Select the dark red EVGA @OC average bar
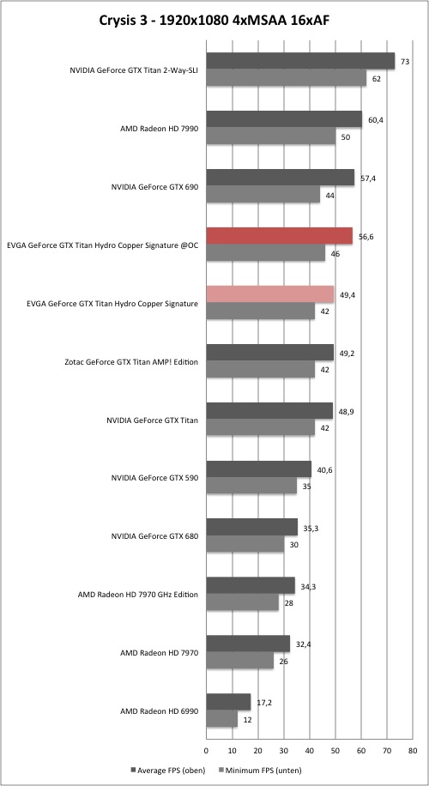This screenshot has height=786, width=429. click(x=279, y=236)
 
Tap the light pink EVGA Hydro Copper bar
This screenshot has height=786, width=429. click(x=270, y=294)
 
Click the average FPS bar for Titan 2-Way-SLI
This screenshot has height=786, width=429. click(x=300, y=61)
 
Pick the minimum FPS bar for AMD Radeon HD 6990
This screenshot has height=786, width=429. click(x=222, y=719)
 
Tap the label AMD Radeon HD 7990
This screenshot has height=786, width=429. click(x=160, y=129)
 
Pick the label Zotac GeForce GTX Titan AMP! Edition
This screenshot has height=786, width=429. click(x=132, y=361)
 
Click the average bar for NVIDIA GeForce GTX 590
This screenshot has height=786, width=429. click(x=258, y=469)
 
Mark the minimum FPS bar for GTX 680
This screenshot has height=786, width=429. click(x=245, y=544)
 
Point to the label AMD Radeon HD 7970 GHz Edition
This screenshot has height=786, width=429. click(x=138, y=595)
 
